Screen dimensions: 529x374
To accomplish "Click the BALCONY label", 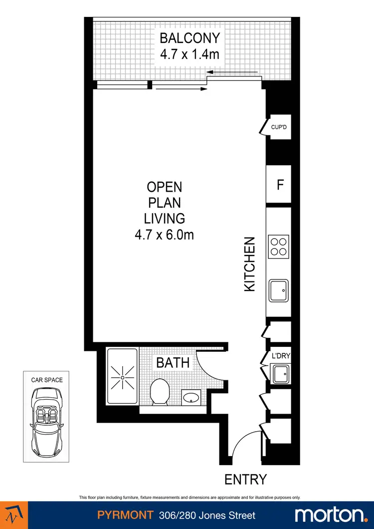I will click(x=189, y=38).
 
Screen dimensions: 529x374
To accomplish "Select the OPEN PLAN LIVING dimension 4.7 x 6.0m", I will click(x=164, y=234).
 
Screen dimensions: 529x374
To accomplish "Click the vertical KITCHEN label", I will click(x=249, y=264).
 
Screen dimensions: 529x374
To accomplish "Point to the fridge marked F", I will click(x=280, y=185).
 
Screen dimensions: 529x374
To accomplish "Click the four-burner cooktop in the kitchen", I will click(x=278, y=247).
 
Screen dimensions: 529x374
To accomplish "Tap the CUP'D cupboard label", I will click(x=278, y=127).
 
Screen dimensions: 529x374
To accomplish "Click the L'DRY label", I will click(x=280, y=356).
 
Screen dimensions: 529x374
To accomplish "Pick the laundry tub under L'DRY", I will click(x=280, y=373).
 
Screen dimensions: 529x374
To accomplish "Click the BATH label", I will click(x=173, y=363).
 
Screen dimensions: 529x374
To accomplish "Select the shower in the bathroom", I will click(x=122, y=377).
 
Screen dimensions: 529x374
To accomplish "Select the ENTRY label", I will click(x=245, y=480).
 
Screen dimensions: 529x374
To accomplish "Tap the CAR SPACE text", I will click(x=47, y=380).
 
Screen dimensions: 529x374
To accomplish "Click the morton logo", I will click(x=330, y=515).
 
